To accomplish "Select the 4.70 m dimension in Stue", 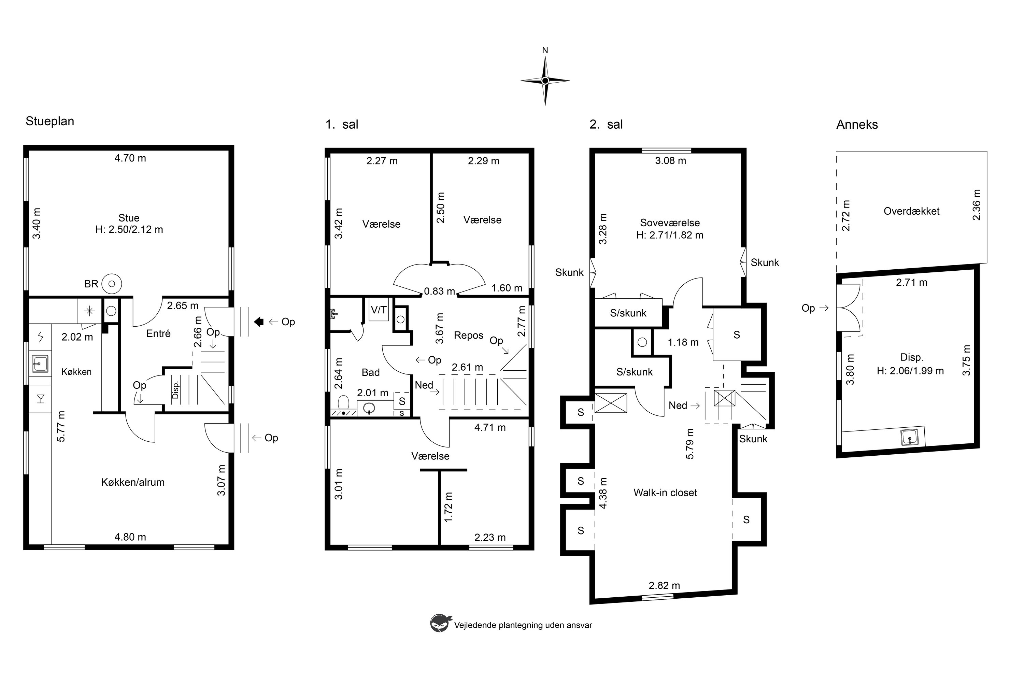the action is pos(130,158).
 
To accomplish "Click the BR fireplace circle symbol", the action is pos(112,284).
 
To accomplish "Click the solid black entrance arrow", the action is pos(259,322).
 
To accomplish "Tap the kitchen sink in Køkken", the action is pos(40,363).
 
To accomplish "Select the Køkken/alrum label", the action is pos(133,482).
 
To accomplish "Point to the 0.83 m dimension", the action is pos(440,291).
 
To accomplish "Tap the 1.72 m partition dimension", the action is pos(449,507).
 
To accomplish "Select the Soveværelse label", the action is pos(670,223).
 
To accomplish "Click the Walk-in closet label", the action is pos(665,493).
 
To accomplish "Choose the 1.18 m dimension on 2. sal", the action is pos(683,342).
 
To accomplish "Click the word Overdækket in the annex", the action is pos(912,211).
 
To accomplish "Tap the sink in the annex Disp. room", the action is pos(910,437).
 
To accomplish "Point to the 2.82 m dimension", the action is pos(664,585).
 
